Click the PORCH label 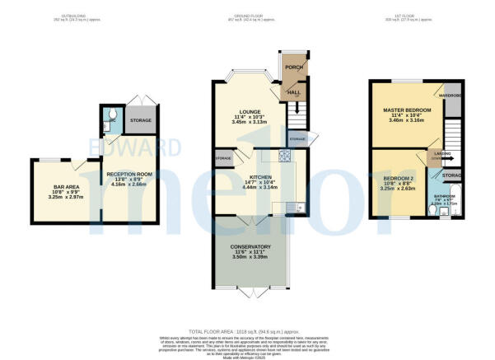(291, 68)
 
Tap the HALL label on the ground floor (292, 93)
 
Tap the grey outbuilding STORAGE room (139, 121)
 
